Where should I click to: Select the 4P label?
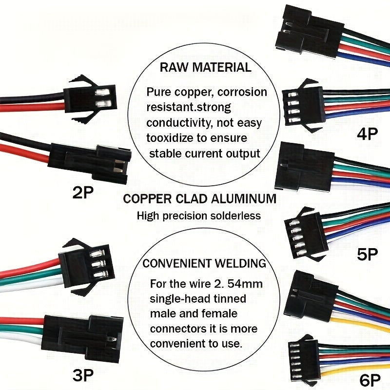(x=368, y=133)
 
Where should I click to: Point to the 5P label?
(x=368, y=254)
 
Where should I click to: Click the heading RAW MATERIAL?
(x=205, y=67)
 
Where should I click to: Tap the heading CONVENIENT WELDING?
(x=204, y=264)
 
